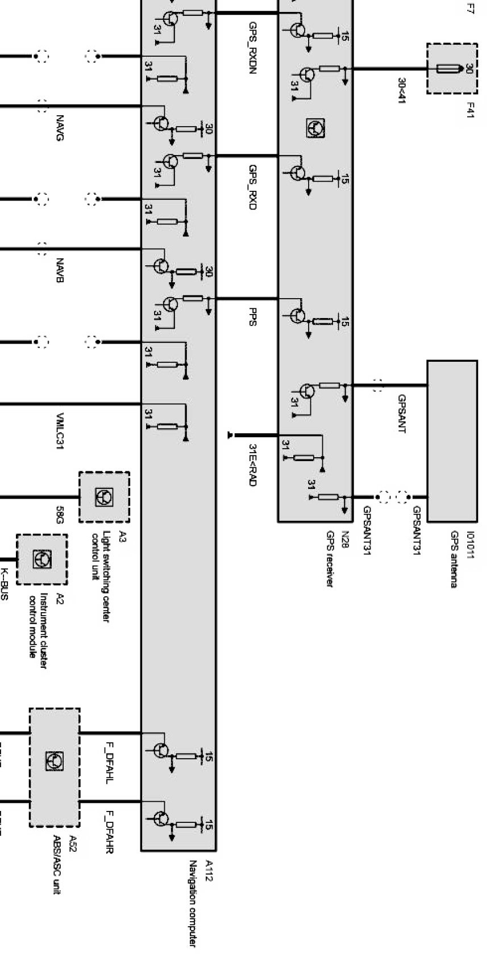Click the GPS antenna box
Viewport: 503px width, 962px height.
[x=452, y=441]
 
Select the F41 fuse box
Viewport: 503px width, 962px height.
[x=452, y=69]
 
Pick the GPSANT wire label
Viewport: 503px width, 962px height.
[x=401, y=413]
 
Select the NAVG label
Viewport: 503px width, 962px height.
[x=60, y=128]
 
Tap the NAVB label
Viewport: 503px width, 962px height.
[x=60, y=271]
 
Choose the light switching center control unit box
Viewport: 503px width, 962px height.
[x=104, y=497]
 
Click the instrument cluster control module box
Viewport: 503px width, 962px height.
[x=41, y=559]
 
